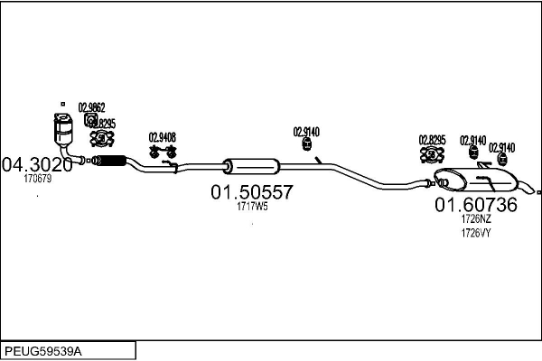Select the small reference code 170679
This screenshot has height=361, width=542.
(x=37, y=179)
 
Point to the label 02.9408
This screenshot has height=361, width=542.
(x=162, y=138)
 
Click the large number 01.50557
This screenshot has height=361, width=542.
(x=252, y=192)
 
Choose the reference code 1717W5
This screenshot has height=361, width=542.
(x=252, y=207)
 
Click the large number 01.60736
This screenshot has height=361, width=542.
(x=476, y=205)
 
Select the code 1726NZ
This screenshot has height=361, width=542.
(x=476, y=218)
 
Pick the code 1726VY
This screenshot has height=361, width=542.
(x=476, y=233)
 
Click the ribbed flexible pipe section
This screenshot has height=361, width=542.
(x=109, y=162)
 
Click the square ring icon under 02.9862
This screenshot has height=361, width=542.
(x=90, y=119)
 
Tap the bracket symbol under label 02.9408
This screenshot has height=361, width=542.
(x=162, y=153)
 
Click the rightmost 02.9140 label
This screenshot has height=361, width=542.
(x=502, y=147)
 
